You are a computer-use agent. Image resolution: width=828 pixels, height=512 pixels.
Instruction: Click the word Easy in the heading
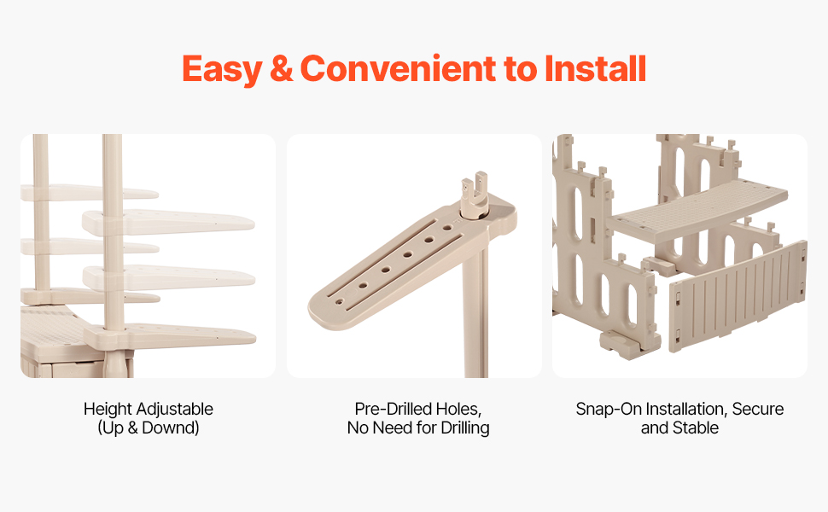point(222,70)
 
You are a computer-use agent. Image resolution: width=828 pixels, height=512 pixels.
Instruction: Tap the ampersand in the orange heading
point(281,69)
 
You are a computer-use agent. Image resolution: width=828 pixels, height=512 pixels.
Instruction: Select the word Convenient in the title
point(398,69)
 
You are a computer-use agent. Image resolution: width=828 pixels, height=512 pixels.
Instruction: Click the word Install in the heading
point(595,68)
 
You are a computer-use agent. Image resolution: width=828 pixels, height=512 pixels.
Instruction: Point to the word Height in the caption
point(108,409)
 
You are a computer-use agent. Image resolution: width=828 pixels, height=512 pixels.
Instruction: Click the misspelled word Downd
point(168,428)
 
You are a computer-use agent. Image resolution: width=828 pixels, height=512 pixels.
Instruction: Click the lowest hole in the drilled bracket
point(339,302)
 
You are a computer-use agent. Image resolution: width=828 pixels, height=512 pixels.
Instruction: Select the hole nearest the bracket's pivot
point(447,228)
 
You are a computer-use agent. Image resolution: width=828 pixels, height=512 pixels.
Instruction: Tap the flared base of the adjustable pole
point(115,364)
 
